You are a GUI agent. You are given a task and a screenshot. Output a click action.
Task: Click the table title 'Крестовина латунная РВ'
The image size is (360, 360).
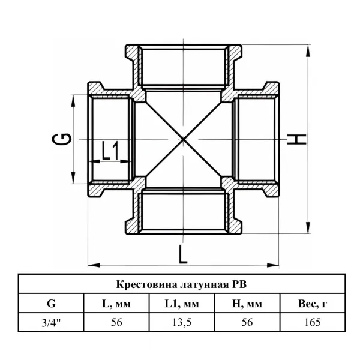(x=181, y=284)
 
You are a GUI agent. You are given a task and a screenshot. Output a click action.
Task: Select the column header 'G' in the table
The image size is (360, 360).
(x=51, y=304)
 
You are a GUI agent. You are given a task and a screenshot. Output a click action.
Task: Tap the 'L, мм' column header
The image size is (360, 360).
(x=116, y=304)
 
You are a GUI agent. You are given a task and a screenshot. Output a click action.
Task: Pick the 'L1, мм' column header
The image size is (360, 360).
(x=182, y=304)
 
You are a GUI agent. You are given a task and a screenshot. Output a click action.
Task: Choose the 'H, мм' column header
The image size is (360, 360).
(x=247, y=304)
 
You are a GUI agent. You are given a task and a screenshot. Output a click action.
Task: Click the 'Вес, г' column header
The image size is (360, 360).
(x=313, y=304)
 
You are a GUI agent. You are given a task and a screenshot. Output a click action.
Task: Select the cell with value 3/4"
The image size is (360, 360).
(x=51, y=323)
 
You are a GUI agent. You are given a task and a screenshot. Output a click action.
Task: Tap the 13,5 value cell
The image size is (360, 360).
(x=182, y=323)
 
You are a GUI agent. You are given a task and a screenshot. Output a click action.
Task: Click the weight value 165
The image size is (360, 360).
(x=313, y=322)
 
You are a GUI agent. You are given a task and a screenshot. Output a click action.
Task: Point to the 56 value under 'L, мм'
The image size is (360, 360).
(x=116, y=322)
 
